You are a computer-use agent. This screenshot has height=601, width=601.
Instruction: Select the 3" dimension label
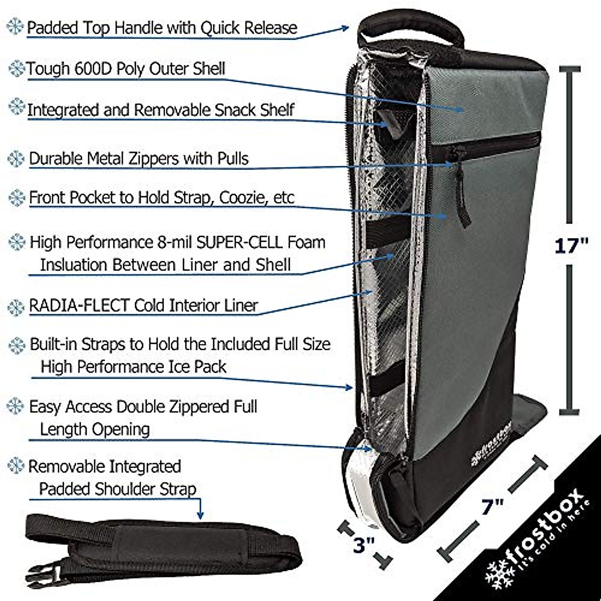364,545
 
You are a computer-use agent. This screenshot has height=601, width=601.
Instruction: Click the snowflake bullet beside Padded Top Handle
16,27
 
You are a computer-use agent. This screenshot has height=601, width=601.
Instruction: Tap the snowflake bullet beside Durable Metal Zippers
17,158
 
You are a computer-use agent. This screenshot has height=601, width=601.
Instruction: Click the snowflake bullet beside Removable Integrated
16,466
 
